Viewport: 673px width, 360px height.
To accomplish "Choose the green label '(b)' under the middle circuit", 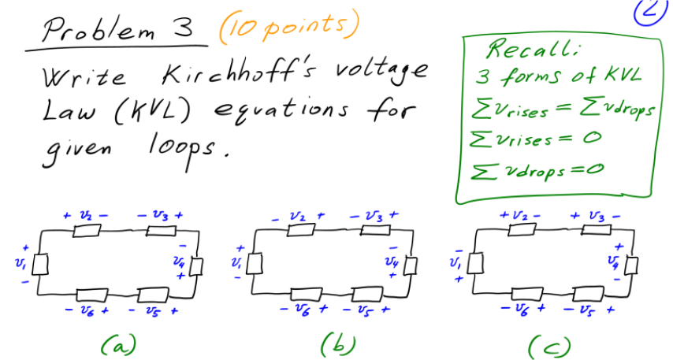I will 337,343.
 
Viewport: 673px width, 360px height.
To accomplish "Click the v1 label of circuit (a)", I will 19,261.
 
